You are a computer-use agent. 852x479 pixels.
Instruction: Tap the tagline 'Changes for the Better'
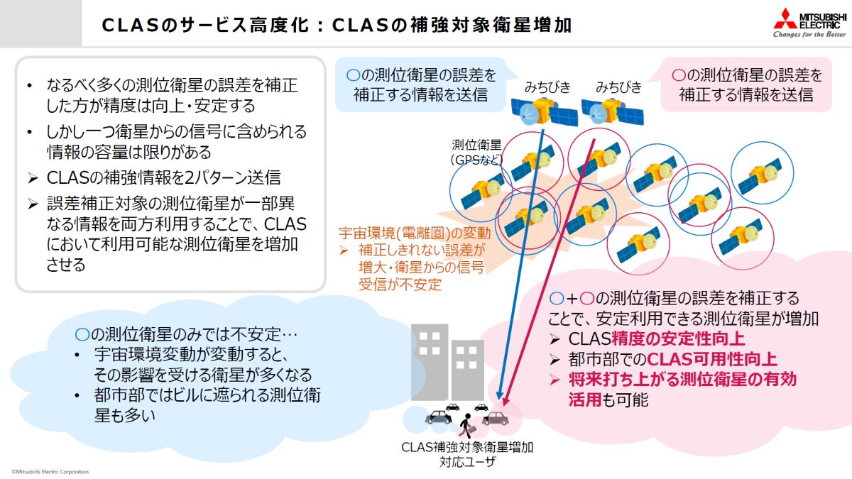pyautogui.click(x=809, y=34)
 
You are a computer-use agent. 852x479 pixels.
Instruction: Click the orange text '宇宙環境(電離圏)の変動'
pyautogui.click(x=414, y=232)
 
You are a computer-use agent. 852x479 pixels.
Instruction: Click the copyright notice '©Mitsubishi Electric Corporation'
pyautogui.click(x=50, y=471)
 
